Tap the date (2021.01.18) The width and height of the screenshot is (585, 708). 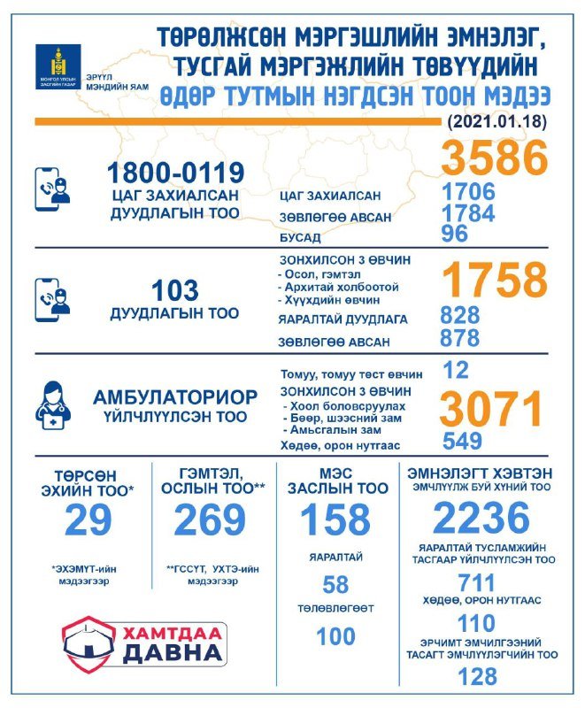[497, 119]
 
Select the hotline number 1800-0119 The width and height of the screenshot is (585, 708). [174, 171]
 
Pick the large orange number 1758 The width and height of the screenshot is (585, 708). [495, 281]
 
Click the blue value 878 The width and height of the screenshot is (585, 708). [460, 338]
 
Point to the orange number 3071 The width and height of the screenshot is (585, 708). [492, 409]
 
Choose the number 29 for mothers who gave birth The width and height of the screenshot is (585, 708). [89, 521]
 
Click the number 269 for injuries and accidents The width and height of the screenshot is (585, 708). [209, 521]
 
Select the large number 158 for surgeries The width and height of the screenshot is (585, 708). [335, 520]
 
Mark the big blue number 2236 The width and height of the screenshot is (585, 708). [481, 519]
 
